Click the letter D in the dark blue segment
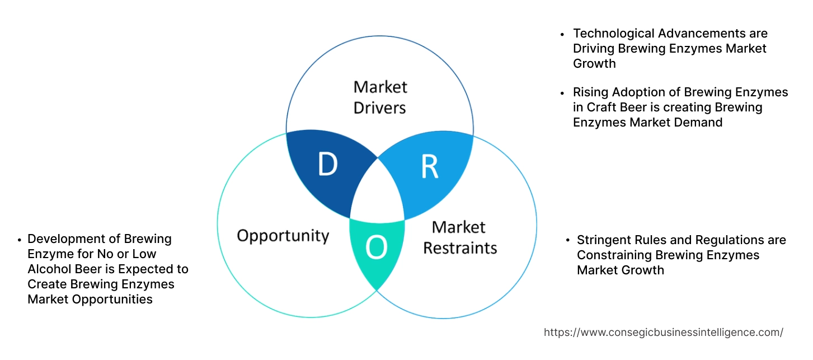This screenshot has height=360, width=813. point(328,164)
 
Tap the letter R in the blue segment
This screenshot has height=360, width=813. point(429,166)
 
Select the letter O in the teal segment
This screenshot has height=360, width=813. point(376,247)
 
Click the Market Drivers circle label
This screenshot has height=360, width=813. point(380,97)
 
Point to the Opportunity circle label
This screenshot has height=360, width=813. point(283,235)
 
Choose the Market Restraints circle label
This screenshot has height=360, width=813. point(459,237)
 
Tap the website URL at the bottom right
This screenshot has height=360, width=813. point(663,333)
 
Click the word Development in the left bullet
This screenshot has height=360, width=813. point(64,239)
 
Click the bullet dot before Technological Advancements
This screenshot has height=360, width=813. point(563,34)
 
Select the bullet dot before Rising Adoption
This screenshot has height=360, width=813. point(563,92)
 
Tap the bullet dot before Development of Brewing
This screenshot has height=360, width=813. point(19,240)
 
